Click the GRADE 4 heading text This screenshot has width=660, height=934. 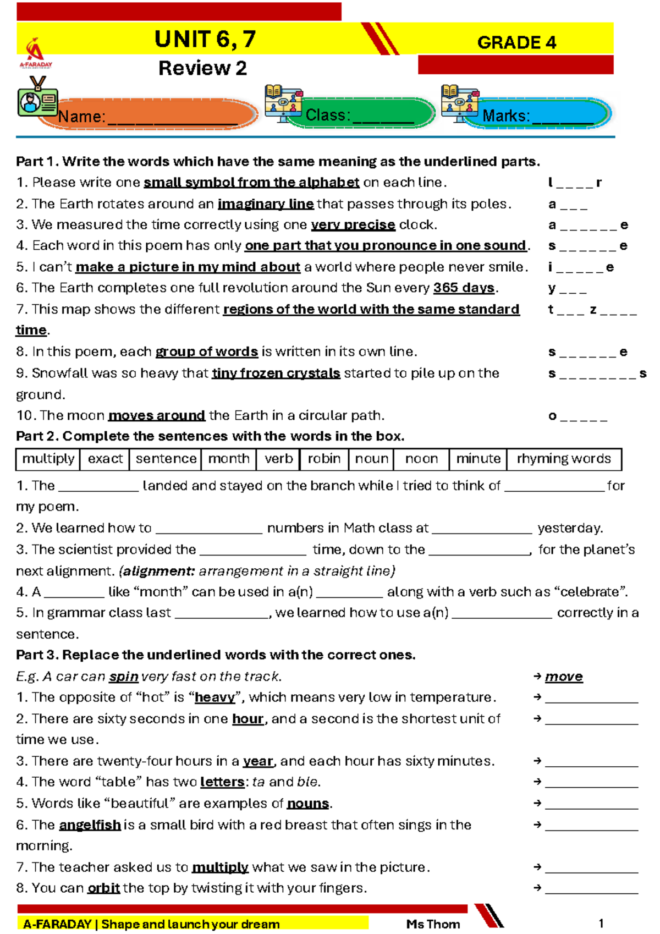click(516, 42)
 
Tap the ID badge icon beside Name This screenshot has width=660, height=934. click(36, 98)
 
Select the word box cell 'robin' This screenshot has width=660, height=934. click(324, 459)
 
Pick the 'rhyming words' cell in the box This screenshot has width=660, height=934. click(563, 459)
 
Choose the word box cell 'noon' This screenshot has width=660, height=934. click(421, 459)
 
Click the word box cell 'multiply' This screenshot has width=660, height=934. click(48, 459)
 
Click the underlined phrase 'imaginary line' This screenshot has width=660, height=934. click(266, 204)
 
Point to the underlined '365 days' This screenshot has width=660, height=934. click(464, 288)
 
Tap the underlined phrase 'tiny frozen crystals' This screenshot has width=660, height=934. click(276, 373)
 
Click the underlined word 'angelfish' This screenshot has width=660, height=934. click(90, 825)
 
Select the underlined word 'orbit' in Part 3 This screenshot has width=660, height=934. click(103, 888)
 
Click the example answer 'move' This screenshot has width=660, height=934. click(564, 677)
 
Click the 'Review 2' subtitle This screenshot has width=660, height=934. click(202, 68)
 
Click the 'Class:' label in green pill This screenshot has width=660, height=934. click(328, 115)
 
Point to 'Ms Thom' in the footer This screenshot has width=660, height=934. click(433, 924)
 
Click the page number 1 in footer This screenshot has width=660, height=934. click(601, 923)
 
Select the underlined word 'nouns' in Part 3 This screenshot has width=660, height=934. click(308, 804)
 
